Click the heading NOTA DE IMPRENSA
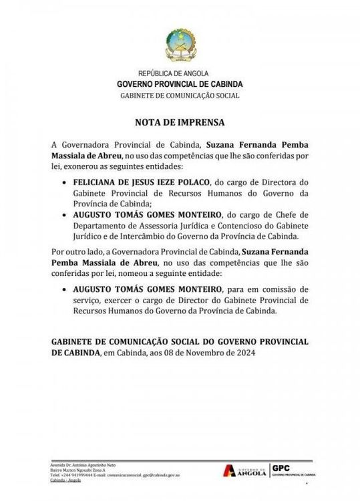(180, 123)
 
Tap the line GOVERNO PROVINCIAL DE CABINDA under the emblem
(180, 84)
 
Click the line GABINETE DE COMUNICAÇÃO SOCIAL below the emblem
(180, 96)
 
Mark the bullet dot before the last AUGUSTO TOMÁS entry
(63, 290)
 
